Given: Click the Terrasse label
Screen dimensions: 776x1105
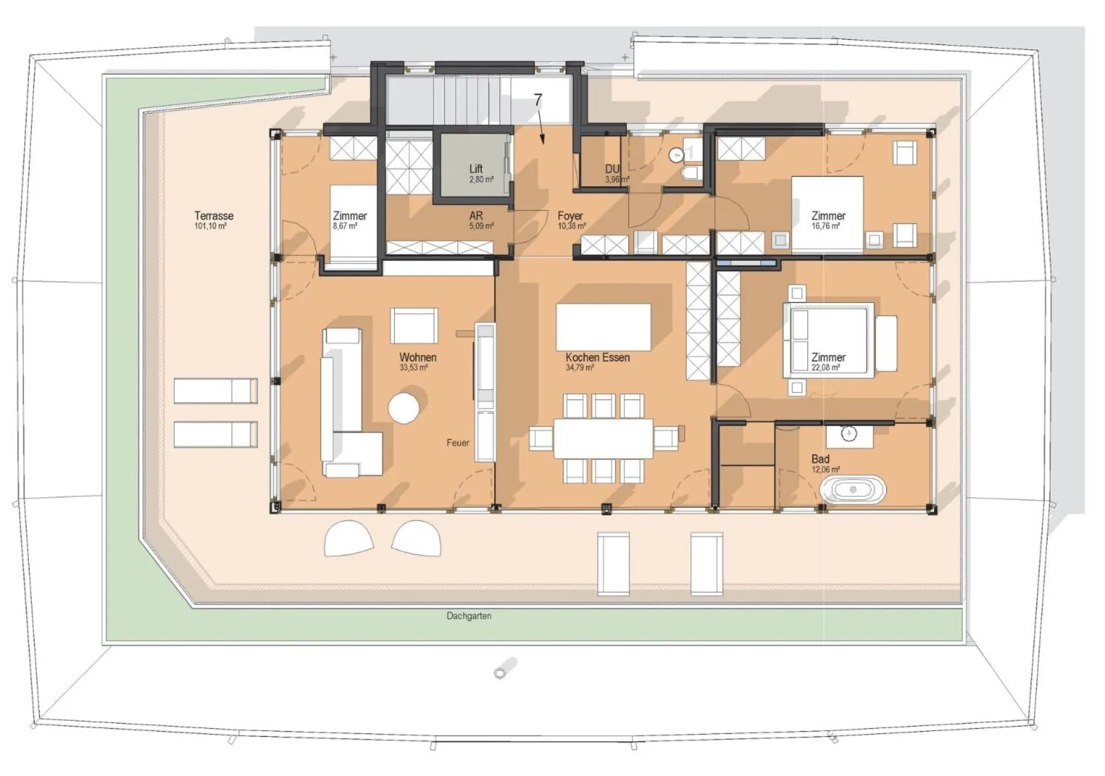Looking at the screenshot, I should pyautogui.click(x=214, y=216).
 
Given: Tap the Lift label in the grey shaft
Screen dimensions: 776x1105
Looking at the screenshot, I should pyautogui.click(x=476, y=169).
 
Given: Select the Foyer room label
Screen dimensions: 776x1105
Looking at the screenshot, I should pyautogui.click(x=570, y=216).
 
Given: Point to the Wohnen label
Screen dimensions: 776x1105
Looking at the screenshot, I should pyautogui.click(x=418, y=357).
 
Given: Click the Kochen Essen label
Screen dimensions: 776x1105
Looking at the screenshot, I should pyautogui.click(x=597, y=357).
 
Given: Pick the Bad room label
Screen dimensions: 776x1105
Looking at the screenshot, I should pyautogui.click(x=820, y=459).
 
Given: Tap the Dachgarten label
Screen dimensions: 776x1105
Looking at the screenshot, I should pyautogui.click(x=469, y=616).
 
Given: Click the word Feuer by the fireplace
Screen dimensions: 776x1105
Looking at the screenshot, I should pyautogui.click(x=458, y=443).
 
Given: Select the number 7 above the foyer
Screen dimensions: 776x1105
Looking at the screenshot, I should pyautogui.click(x=538, y=100).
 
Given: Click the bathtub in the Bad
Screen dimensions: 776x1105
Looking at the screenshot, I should pyautogui.click(x=853, y=490).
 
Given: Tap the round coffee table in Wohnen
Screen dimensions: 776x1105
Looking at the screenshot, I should pyautogui.click(x=403, y=408).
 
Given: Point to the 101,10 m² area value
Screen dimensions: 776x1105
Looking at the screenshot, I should pyautogui.click(x=210, y=226).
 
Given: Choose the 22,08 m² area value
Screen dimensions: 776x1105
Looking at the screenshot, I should pyautogui.click(x=825, y=367).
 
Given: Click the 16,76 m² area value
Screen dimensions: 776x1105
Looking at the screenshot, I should pyautogui.click(x=825, y=226).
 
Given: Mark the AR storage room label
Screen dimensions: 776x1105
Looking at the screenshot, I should pyautogui.click(x=476, y=216).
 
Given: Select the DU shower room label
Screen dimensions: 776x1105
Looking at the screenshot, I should pyautogui.click(x=612, y=169).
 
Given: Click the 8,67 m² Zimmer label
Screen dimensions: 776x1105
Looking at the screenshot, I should pyautogui.click(x=345, y=226).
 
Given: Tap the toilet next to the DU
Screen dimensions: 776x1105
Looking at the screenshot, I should pyautogui.click(x=689, y=173).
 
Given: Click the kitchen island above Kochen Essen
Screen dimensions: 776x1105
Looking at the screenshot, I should pyautogui.click(x=603, y=327).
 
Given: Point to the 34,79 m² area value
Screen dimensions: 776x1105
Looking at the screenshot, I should pyautogui.click(x=580, y=367).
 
